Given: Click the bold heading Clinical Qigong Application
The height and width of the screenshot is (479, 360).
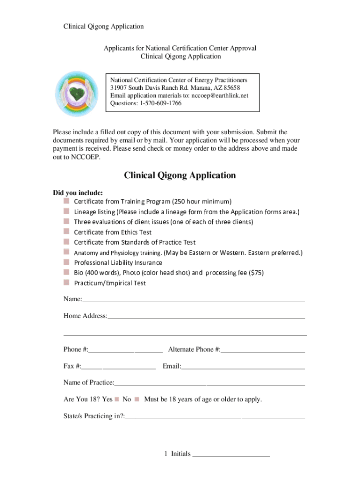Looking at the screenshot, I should tap(180, 175).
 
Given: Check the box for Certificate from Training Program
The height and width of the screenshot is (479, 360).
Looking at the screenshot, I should tap(66, 201).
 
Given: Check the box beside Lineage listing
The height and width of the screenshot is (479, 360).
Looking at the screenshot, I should tap(66, 211).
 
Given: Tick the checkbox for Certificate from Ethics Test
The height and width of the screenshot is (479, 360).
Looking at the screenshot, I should tap(66, 232).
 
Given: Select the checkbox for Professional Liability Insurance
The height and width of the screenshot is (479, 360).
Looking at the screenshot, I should tap(66, 262).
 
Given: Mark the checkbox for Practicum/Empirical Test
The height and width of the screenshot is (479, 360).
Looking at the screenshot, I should tap(66, 283).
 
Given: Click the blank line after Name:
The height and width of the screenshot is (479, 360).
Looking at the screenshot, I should tap(194, 299).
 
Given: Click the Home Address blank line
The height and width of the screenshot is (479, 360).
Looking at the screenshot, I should tap(206, 316).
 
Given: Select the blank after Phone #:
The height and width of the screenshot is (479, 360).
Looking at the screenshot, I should tap(125, 349).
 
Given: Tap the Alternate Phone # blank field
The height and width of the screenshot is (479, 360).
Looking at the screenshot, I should tap(263, 349).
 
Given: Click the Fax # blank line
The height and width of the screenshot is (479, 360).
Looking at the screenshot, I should tap(119, 366).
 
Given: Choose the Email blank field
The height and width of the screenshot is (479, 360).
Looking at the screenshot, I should tap(243, 366).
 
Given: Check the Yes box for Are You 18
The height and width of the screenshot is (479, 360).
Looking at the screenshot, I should tap(116, 399).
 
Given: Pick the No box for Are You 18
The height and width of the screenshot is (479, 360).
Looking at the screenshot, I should tap(137, 399).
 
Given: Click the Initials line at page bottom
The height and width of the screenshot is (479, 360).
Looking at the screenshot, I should tap(231, 454).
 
